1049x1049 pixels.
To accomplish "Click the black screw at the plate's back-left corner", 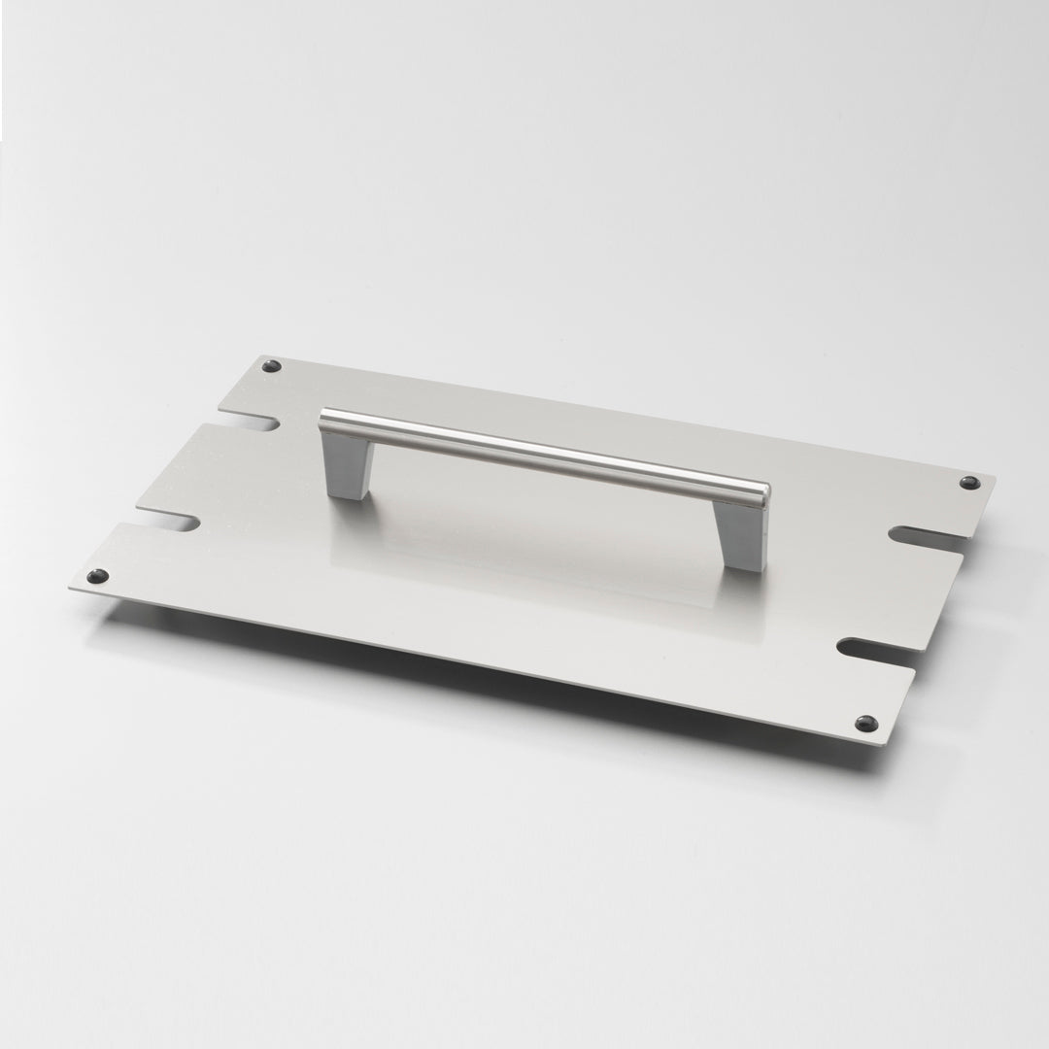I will [x=271, y=366].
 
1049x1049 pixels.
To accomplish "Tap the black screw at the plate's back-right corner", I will [x=967, y=483].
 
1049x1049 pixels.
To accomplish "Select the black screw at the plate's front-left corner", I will [x=95, y=576].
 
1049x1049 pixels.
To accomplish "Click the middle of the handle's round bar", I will [x=544, y=452].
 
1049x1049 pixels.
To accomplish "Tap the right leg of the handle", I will [x=744, y=534].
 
